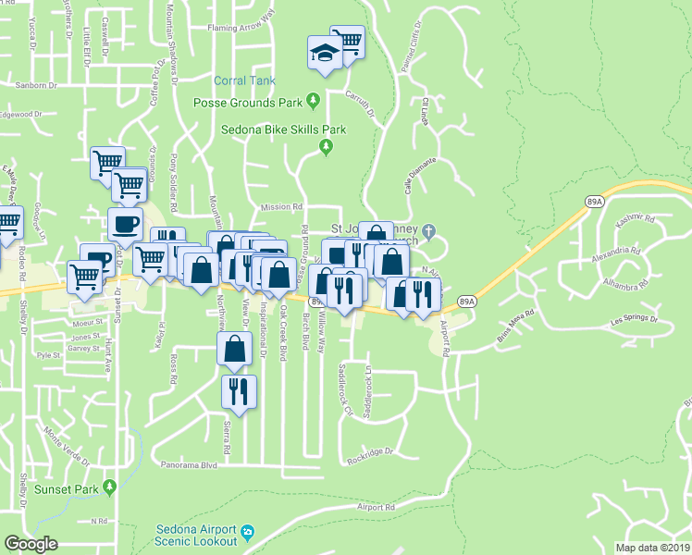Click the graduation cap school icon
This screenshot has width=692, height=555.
coord(324,54)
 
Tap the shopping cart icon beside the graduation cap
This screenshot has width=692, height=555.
coord(347,43)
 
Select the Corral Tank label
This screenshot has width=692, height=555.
coord(244,81)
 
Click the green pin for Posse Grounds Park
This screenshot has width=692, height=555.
coord(314,100)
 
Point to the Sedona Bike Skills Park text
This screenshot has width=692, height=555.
coord(282,129)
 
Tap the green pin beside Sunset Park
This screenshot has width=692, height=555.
coord(110,487)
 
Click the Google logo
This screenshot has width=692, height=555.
coord(31,544)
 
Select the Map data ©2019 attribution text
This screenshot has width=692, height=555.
coord(652,548)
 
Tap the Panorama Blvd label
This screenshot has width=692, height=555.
coord(188,465)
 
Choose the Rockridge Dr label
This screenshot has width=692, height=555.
coord(370,453)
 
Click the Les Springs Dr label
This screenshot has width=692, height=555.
coord(634,320)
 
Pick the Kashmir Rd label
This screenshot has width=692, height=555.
coord(636,221)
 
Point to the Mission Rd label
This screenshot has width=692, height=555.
coord(282,207)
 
